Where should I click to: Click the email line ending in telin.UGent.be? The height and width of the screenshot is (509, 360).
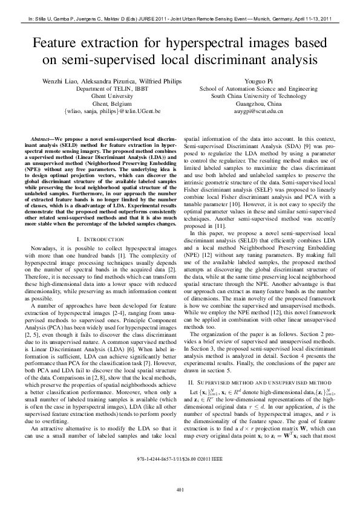103,112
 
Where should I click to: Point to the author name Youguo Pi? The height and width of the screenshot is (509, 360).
258,80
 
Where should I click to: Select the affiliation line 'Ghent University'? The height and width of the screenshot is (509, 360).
103,96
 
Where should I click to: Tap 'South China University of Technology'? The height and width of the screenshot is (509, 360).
258,96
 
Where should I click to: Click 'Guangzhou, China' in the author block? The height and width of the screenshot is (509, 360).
258,104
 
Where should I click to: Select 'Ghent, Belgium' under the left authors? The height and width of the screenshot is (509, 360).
103,104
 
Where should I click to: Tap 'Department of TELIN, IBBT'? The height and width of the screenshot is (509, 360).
103,88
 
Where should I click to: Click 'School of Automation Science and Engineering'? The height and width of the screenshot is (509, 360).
258,88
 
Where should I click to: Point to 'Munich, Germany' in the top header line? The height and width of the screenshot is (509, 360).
269,19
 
